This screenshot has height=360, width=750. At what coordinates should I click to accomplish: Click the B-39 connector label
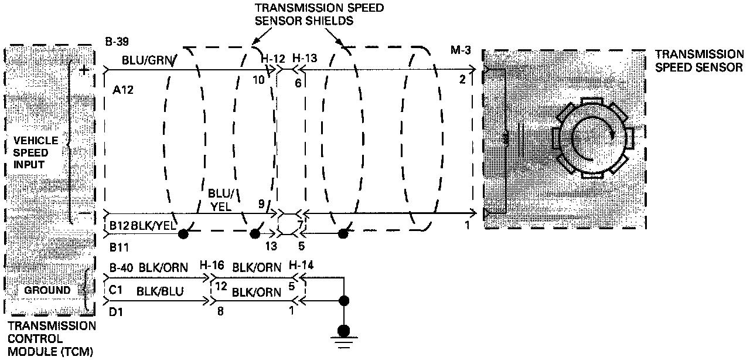coord(117,42)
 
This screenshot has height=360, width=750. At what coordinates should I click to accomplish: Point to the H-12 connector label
coord(272,59)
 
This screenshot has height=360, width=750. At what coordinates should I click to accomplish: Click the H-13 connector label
coord(304,59)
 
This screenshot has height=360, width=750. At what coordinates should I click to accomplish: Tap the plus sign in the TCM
coord(84,70)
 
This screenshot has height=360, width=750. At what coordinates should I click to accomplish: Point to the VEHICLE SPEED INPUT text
coord(36,152)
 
